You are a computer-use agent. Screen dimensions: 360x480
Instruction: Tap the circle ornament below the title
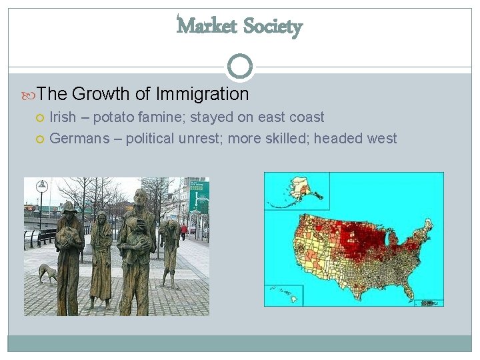240,67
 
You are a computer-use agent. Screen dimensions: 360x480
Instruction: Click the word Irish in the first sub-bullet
63,117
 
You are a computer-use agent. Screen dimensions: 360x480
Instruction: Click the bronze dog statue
47,273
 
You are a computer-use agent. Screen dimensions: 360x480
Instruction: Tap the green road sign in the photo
199,197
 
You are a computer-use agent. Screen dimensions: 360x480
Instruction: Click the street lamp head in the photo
41,185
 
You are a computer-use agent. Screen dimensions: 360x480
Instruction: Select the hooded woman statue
101,257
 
